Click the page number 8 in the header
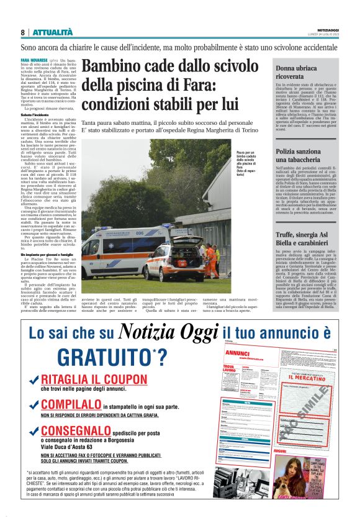pos(22,32)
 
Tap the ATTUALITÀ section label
pos(52,32)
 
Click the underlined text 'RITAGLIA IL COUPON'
pos(94,380)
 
